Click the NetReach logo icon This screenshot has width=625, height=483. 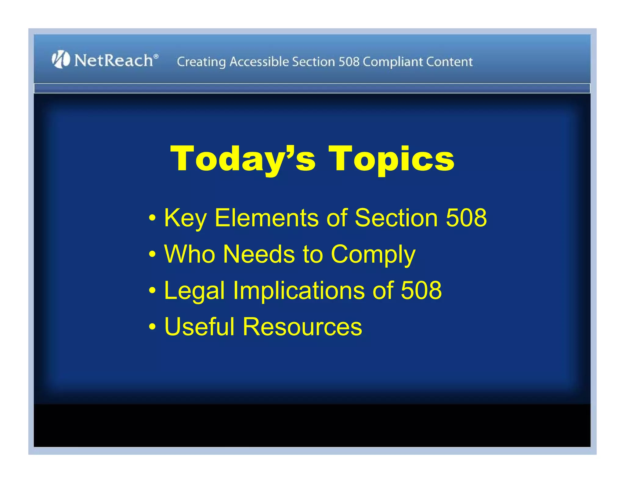tap(61, 59)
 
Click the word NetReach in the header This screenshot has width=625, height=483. tap(114, 60)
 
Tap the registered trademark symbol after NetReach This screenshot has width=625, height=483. tap(156, 56)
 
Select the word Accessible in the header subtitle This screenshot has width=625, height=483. tap(259, 62)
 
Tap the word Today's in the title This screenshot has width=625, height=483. tap(243, 159)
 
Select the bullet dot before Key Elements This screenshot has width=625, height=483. tap(152, 218)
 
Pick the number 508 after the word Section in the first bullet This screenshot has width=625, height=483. tap(466, 218)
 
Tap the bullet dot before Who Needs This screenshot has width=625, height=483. tap(152, 254)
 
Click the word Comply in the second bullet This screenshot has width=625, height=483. tap(373, 255)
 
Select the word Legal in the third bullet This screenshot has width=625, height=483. tap(194, 291)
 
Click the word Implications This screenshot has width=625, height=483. tap(299, 291)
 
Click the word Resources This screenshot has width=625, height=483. tap(302, 327)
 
